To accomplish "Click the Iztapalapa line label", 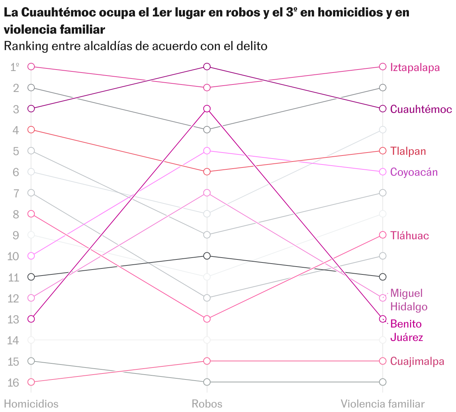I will (415, 67).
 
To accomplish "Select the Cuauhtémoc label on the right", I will (421, 109).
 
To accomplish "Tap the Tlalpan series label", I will (408, 151).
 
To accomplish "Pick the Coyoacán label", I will (414, 172).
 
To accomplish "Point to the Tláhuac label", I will (409, 236).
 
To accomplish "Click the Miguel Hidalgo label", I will (409, 300).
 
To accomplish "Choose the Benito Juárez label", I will (407, 330).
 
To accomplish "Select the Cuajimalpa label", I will (417, 361).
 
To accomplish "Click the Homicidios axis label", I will (31, 404).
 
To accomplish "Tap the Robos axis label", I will (207, 404).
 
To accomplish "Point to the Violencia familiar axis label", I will (382, 404).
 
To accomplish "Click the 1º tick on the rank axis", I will (15, 67).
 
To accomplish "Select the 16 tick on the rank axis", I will (13, 382).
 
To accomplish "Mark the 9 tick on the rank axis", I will (16, 235).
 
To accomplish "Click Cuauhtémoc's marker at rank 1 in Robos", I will (207, 67).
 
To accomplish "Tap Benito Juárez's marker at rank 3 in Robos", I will (207, 109).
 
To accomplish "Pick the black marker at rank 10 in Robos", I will (207, 256).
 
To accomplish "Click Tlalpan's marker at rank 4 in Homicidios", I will (31, 130).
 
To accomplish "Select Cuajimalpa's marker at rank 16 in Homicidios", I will (31, 382).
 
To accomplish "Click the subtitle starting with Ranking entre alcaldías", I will (135, 46).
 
